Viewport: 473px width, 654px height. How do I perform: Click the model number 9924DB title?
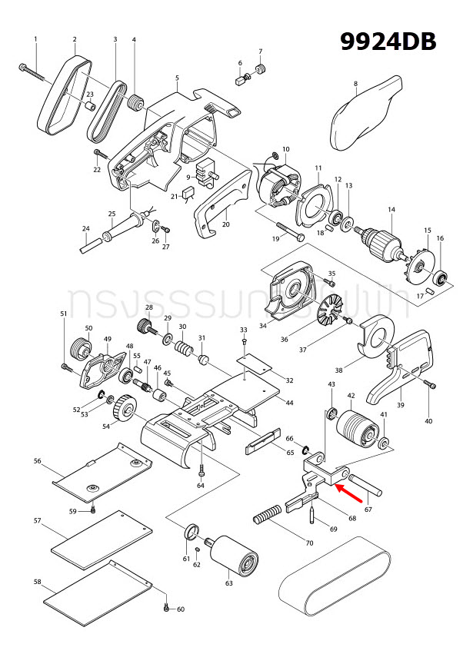(389, 41)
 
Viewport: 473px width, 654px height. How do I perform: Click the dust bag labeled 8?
(367, 113)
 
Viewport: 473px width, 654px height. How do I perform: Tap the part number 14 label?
(391, 209)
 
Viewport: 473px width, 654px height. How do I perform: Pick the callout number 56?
(37, 461)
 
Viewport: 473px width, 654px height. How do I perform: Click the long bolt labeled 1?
(35, 73)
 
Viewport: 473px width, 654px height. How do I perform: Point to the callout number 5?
(177, 78)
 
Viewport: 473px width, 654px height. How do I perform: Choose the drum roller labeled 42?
(357, 427)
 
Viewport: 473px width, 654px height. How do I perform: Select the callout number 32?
(289, 380)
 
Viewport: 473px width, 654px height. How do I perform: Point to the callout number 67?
(368, 509)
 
